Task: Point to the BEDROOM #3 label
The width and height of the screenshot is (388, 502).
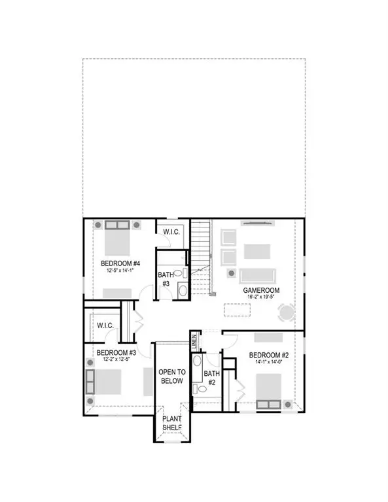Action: (x=115, y=352)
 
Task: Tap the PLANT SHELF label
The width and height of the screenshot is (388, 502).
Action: (x=172, y=424)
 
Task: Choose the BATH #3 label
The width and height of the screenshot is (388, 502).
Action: (x=165, y=279)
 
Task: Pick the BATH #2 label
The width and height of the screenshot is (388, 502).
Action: (x=211, y=377)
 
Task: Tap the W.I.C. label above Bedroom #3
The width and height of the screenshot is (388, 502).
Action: (x=105, y=325)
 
